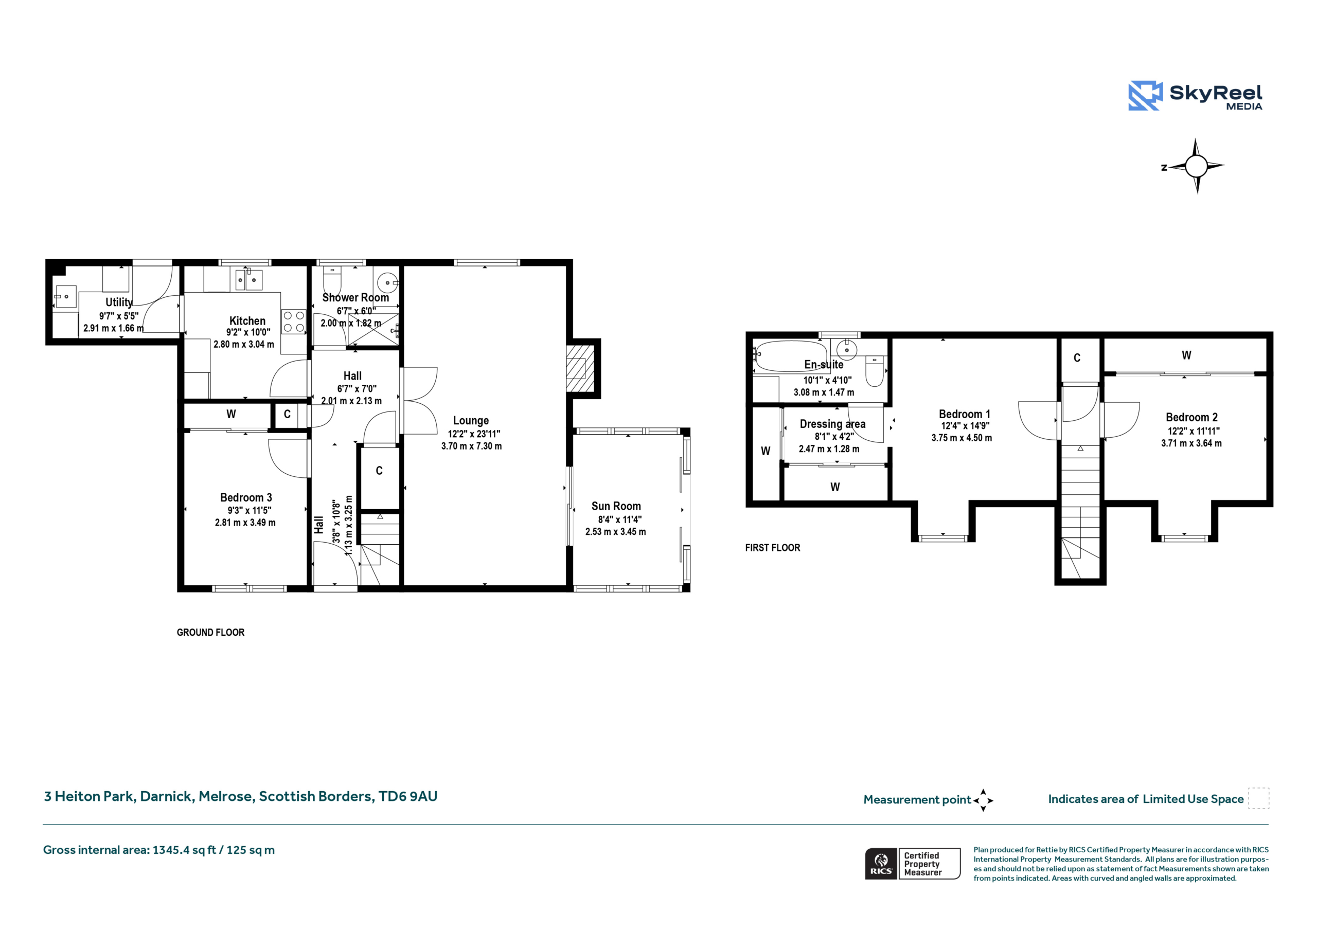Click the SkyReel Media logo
point(1195,95)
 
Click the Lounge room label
point(471,420)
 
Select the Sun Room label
point(616,506)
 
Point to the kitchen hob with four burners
point(294,321)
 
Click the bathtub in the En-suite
point(790,356)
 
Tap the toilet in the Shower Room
point(332,280)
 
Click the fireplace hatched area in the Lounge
point(580,368)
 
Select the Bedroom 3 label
point(246,497)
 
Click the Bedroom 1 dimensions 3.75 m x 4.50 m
point(962,438)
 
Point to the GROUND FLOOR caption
point(210,632)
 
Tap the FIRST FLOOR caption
point(772,548)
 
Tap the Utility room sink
point(65,297)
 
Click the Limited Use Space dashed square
point(1258,798)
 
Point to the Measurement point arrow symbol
point(983,800)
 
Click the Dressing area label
point(832,424)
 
